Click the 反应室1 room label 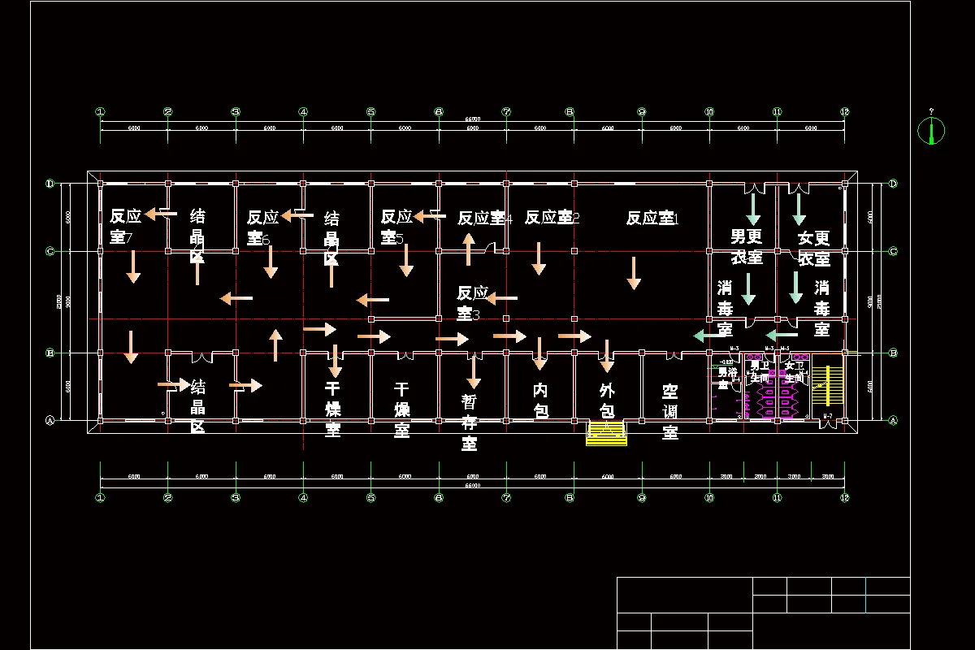coord(652,218)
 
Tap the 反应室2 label coord(552,218)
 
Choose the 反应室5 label coord(396,227)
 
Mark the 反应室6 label coord(263,227)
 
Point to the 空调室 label coord(670,411)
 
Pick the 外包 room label coord(607,401)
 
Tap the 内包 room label coord(540,401)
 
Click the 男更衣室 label coord(746,247)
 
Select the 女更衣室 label coord(813,248)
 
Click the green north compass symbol coord(931,130)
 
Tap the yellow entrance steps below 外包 coord(608,433)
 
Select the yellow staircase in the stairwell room coord(828,385)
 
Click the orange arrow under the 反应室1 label coord(634,273)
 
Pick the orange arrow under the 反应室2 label coord(539,258)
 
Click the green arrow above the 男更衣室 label coord(753,209)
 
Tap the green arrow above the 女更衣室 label coord(799,209)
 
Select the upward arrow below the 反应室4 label coord(469,249)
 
